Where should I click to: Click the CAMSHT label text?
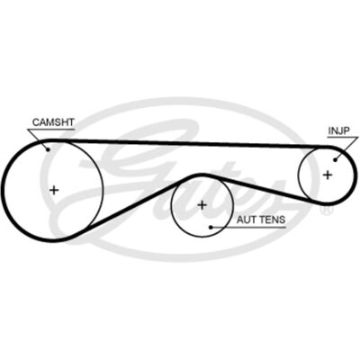[x=53, y=122]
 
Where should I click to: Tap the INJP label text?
[x=339, y=130]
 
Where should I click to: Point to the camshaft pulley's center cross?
[x=54, y=190]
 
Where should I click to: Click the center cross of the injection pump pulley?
[x=328, y=175]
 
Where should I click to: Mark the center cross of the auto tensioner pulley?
[x=202, y=205]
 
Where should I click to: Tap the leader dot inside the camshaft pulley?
[x=48, y=149]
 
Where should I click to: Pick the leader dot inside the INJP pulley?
[x=336, y=159]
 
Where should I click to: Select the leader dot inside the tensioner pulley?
[x=211, y=227]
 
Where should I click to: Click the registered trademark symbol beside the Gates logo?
[x=325, y=211]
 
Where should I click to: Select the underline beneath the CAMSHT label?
[x=51, y=130]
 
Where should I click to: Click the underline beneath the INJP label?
[x=339, y=138]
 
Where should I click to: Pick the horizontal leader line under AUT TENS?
[x=248, y=227]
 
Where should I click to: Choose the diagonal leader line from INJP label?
[x=343, y=148]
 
